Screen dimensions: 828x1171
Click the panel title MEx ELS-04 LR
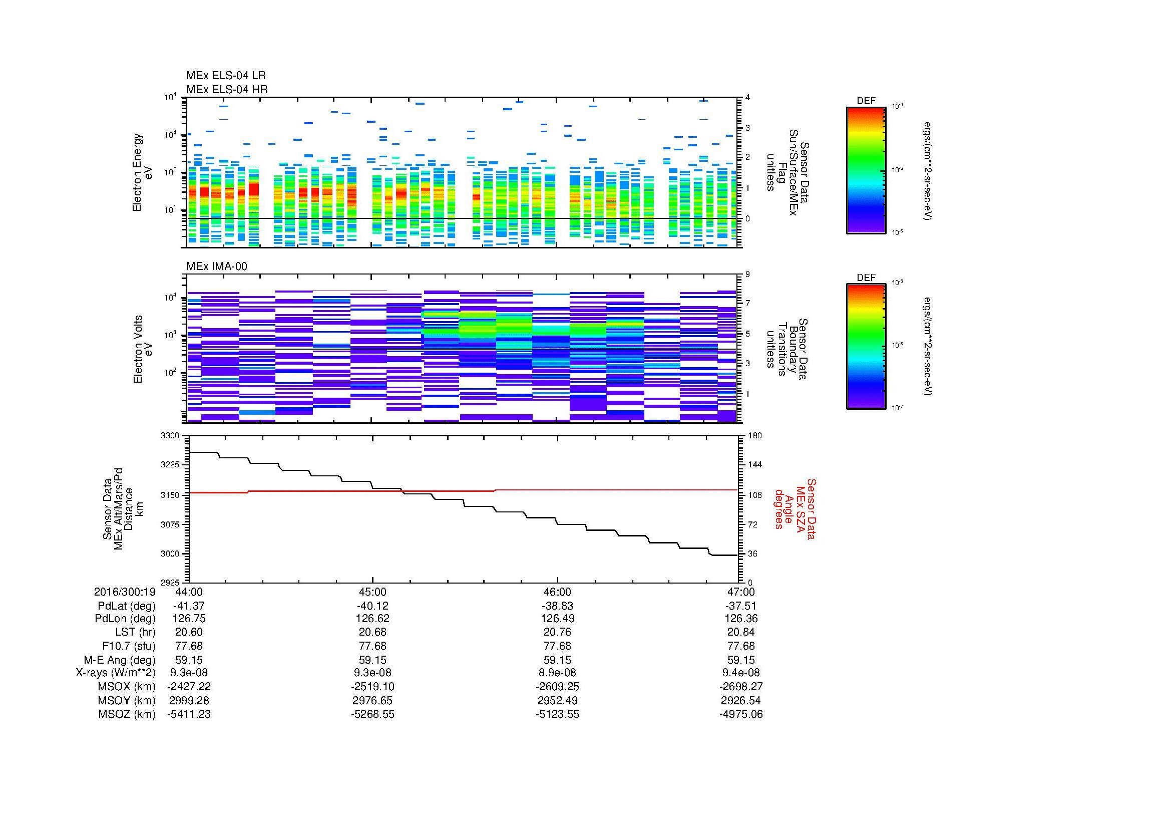click(x=226, y=76)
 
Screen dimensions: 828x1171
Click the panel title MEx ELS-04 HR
click(x=227, y=89)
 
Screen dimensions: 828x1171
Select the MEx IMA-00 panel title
click(x=217, y=266)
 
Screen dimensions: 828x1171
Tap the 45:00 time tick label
click(x=373, y=592)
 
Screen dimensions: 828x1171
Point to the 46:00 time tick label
click(x=557, y=592)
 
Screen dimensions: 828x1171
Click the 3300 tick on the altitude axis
click(x=170, y=436)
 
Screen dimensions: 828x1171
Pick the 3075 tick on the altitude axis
click(x=170, y=524)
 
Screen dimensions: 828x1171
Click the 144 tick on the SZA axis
click(x=754, y=465)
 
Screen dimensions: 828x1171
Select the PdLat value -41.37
click(x=189, y=606)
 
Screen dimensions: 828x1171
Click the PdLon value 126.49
click(x=557, y=619)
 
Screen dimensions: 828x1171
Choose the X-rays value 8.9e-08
click(x=557, y=673)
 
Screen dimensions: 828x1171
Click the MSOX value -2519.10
click(x=373, y=687)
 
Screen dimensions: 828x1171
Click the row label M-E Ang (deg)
click(x=119, y=660)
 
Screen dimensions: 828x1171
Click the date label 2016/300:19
click(x=125, y=592)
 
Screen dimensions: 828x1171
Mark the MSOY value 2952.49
click(x=557, y=700)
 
